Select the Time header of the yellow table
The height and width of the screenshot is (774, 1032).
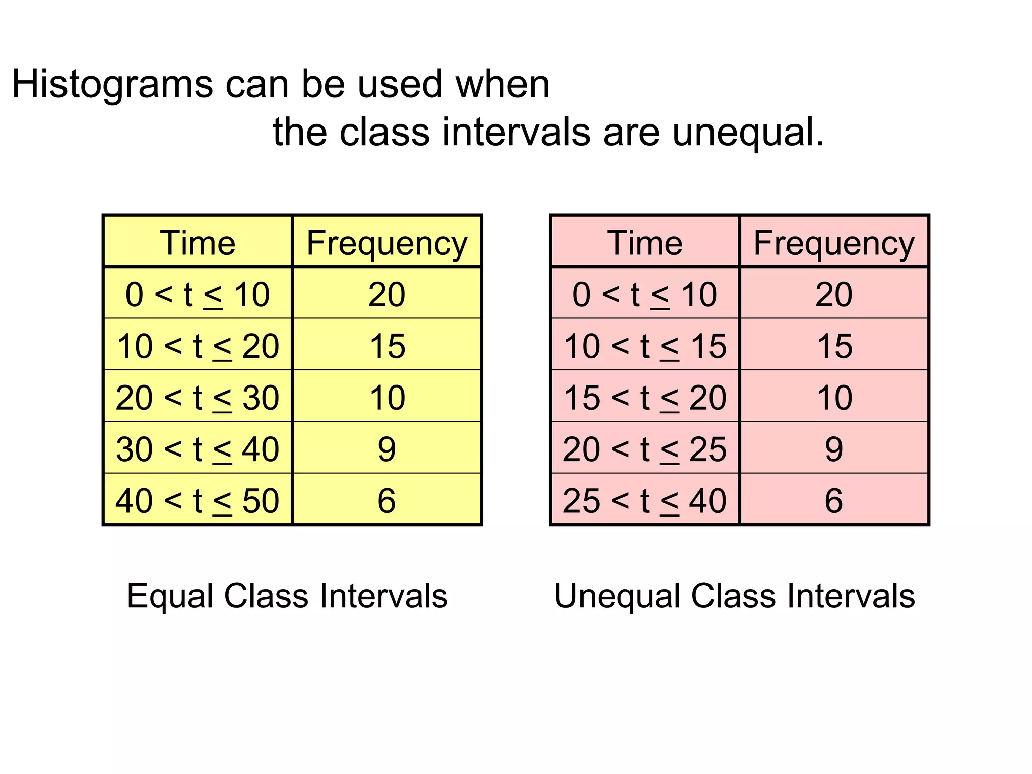198,243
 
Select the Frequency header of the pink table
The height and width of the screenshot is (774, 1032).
834,243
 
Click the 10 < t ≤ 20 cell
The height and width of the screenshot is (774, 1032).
198,346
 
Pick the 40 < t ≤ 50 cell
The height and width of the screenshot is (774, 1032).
198,500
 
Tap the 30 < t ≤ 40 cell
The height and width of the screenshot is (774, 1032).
198,449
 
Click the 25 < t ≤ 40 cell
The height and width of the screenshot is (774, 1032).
644,500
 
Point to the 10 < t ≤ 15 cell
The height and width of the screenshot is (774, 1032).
644,346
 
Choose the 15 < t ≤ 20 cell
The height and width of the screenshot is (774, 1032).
644,398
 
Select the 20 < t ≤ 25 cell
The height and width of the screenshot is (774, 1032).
644,449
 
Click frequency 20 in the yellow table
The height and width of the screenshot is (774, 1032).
386,295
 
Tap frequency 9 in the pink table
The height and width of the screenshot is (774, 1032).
834,449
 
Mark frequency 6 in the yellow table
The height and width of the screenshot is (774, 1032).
386,500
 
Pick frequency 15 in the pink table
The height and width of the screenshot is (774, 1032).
834,346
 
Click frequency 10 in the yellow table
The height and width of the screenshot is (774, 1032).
386,398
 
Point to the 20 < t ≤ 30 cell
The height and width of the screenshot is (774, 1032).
198,398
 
